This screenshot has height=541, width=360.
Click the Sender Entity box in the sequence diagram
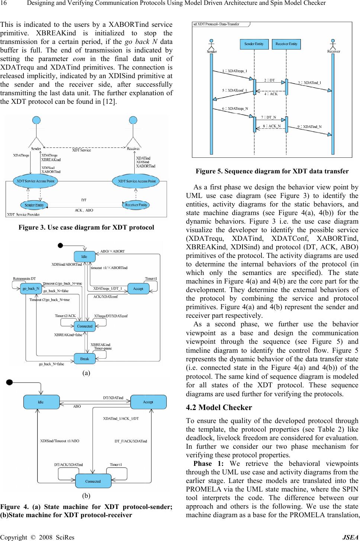click(x=254, y=44)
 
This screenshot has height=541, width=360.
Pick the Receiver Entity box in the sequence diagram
click(x=286, y=44)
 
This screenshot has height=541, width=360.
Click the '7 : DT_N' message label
click(x=268, y=117)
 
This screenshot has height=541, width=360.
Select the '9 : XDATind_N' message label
click(x=309, y=127)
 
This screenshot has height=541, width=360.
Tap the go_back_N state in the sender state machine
click(x=31, y=288)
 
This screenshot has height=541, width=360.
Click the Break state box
click(x=84, y=359)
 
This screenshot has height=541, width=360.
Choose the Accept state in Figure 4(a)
click(x=138, y=288)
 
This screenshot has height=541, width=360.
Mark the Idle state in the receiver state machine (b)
click(x=41, y=402)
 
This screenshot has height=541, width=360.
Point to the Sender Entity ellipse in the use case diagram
click(x=34, y=205)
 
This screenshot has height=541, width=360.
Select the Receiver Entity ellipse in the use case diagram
click(x=136, y=205)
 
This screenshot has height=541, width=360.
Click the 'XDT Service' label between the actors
click(x=81, y=150)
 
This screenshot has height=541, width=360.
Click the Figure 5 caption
click(x=272, y=172)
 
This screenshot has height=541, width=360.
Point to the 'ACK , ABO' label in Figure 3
click(x=84, y=210)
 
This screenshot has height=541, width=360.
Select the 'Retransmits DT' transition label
click(x=24, y=279)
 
